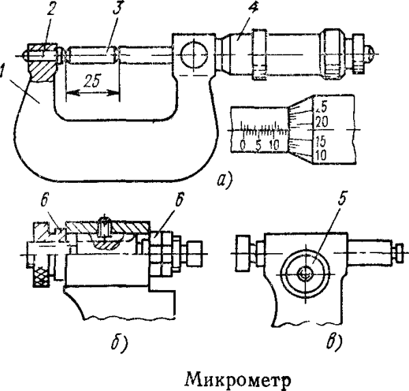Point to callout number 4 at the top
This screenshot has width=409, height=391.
[x=235, y=10]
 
